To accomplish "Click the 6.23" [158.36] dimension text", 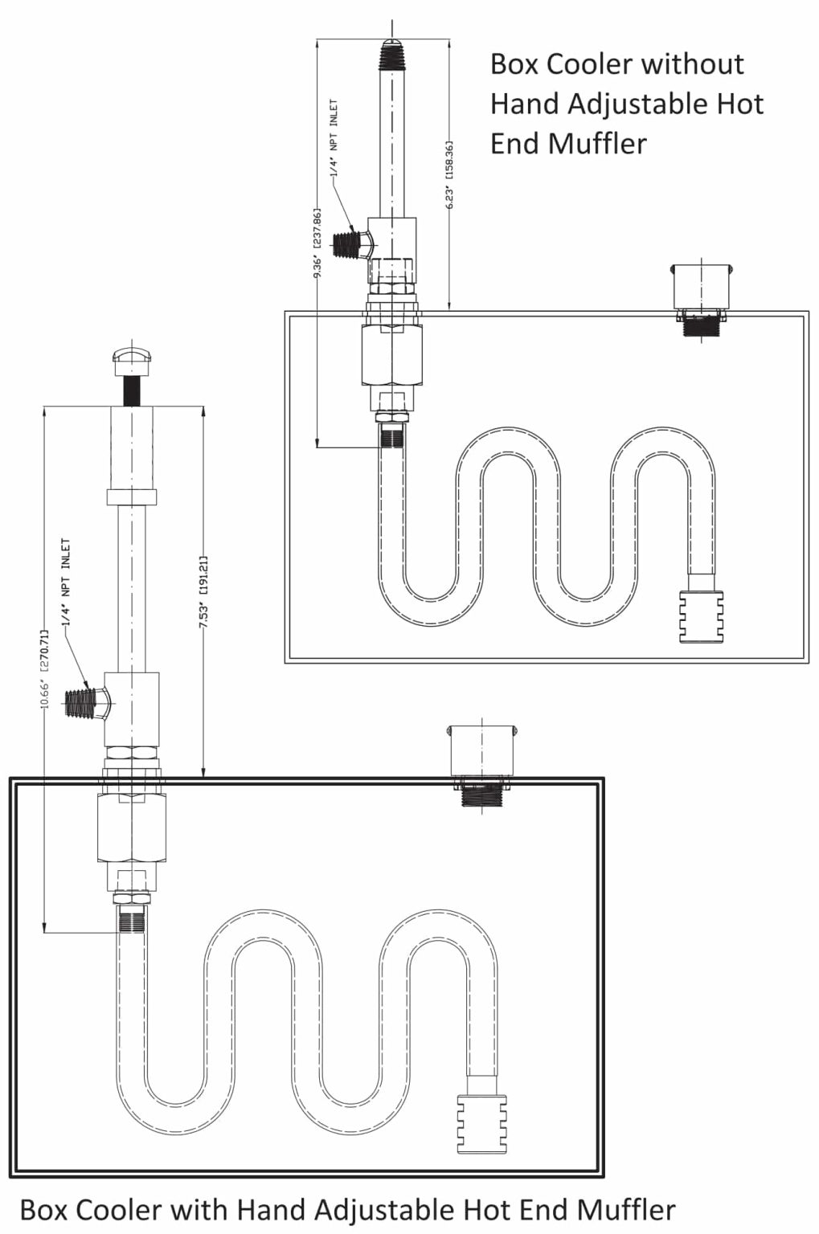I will pyautogui.click(x=450, y=174).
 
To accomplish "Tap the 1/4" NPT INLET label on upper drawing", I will pyautogui.click(x=334, y=138).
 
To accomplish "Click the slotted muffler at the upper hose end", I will pyautogui.click(x=701, y=616).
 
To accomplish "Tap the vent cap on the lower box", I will pyautogui.click(x=481, y=751).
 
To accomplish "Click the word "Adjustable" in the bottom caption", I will pyautogui.click(x=388, y=1209).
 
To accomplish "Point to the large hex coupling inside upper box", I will pyautogui.click(x=391, y=354).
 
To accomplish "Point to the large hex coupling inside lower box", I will pyautogui.click(x=132, y=827).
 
